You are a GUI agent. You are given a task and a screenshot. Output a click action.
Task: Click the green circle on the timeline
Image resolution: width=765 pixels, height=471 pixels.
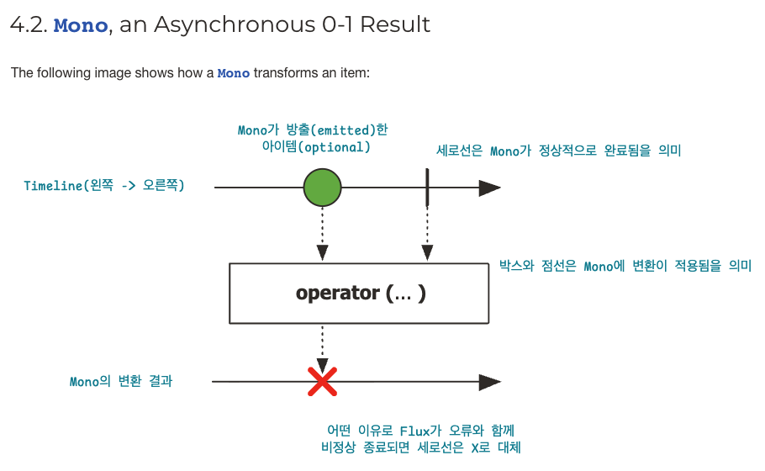322,187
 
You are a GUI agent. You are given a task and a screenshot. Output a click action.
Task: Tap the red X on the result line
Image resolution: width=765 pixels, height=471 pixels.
322,381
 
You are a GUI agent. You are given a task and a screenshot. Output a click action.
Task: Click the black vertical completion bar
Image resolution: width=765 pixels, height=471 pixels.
428,186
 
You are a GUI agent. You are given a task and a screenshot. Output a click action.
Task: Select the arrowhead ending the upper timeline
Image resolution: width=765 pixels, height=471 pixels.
489,188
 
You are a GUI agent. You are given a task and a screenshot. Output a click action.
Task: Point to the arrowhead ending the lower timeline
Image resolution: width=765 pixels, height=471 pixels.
489,382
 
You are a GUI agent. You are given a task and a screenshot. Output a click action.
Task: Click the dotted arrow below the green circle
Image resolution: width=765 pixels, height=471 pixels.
322,235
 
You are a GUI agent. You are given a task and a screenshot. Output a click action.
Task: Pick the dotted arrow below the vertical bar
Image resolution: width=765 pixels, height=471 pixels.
428,235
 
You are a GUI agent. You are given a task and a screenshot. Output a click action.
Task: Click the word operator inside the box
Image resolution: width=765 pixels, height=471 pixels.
337,293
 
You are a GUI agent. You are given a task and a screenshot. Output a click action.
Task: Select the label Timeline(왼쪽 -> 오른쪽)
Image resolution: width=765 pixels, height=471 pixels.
104,186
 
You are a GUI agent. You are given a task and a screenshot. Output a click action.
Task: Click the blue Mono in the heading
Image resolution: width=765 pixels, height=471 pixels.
81,25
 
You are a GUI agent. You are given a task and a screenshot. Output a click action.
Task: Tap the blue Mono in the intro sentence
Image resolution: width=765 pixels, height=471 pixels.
233,73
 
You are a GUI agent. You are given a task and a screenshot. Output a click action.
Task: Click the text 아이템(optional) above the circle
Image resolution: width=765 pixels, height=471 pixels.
316,147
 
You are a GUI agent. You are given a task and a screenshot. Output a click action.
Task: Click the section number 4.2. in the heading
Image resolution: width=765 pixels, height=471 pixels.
29,25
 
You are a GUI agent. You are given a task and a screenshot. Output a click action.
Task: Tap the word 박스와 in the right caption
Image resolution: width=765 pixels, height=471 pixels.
520,267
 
